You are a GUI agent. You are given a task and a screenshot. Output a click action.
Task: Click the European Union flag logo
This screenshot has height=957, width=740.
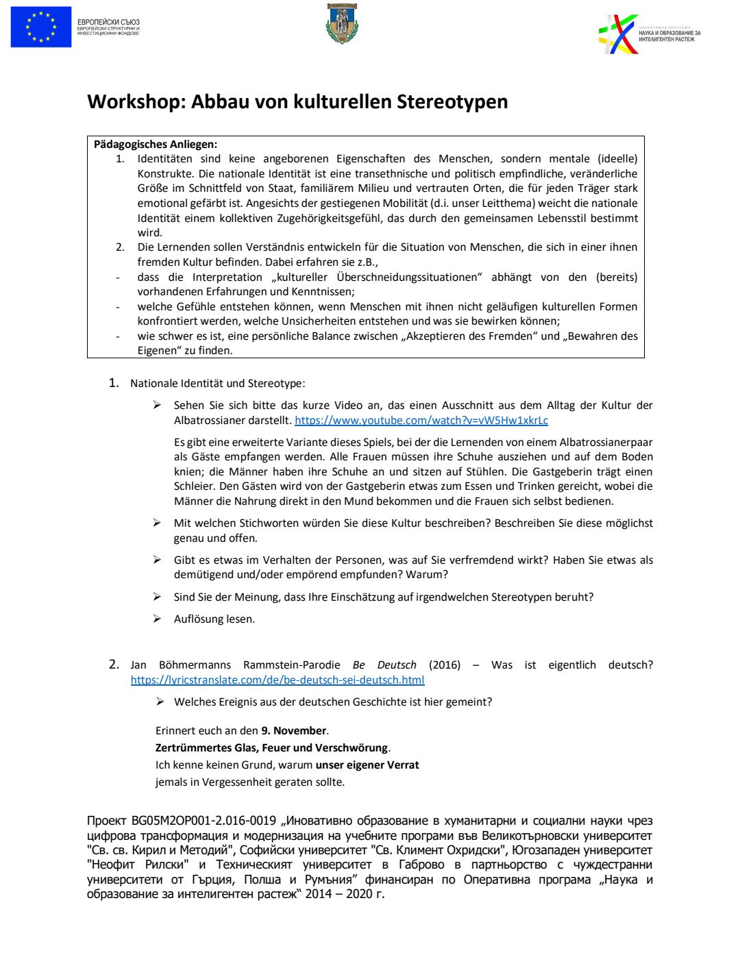coord(41,27)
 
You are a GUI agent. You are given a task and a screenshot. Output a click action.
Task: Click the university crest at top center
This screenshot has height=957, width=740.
coord(342,24)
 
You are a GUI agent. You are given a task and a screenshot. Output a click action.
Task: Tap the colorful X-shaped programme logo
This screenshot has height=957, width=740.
coord(619,34)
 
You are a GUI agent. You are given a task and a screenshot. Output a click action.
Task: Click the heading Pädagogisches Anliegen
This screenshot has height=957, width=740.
coord(156,145)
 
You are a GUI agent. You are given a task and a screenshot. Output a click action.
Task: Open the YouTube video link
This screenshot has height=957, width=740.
coord(421,421)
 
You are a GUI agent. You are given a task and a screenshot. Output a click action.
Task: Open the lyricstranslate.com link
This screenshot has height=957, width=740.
coord(277,680)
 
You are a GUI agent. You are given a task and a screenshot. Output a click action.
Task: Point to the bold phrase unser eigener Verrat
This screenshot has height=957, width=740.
coord(367,765)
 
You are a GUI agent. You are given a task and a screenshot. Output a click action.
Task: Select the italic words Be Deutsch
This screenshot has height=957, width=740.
coord(384,665)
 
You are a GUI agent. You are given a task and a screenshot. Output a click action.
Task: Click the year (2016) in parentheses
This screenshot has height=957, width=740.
coord(445,665)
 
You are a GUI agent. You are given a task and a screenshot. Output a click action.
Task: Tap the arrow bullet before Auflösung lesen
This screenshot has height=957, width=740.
coord(158,619)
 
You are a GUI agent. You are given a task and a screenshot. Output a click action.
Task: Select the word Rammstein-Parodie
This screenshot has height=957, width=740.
coord(291,665)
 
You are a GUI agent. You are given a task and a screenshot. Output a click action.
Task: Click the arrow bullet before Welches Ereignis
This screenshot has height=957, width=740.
coord(160,701)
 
